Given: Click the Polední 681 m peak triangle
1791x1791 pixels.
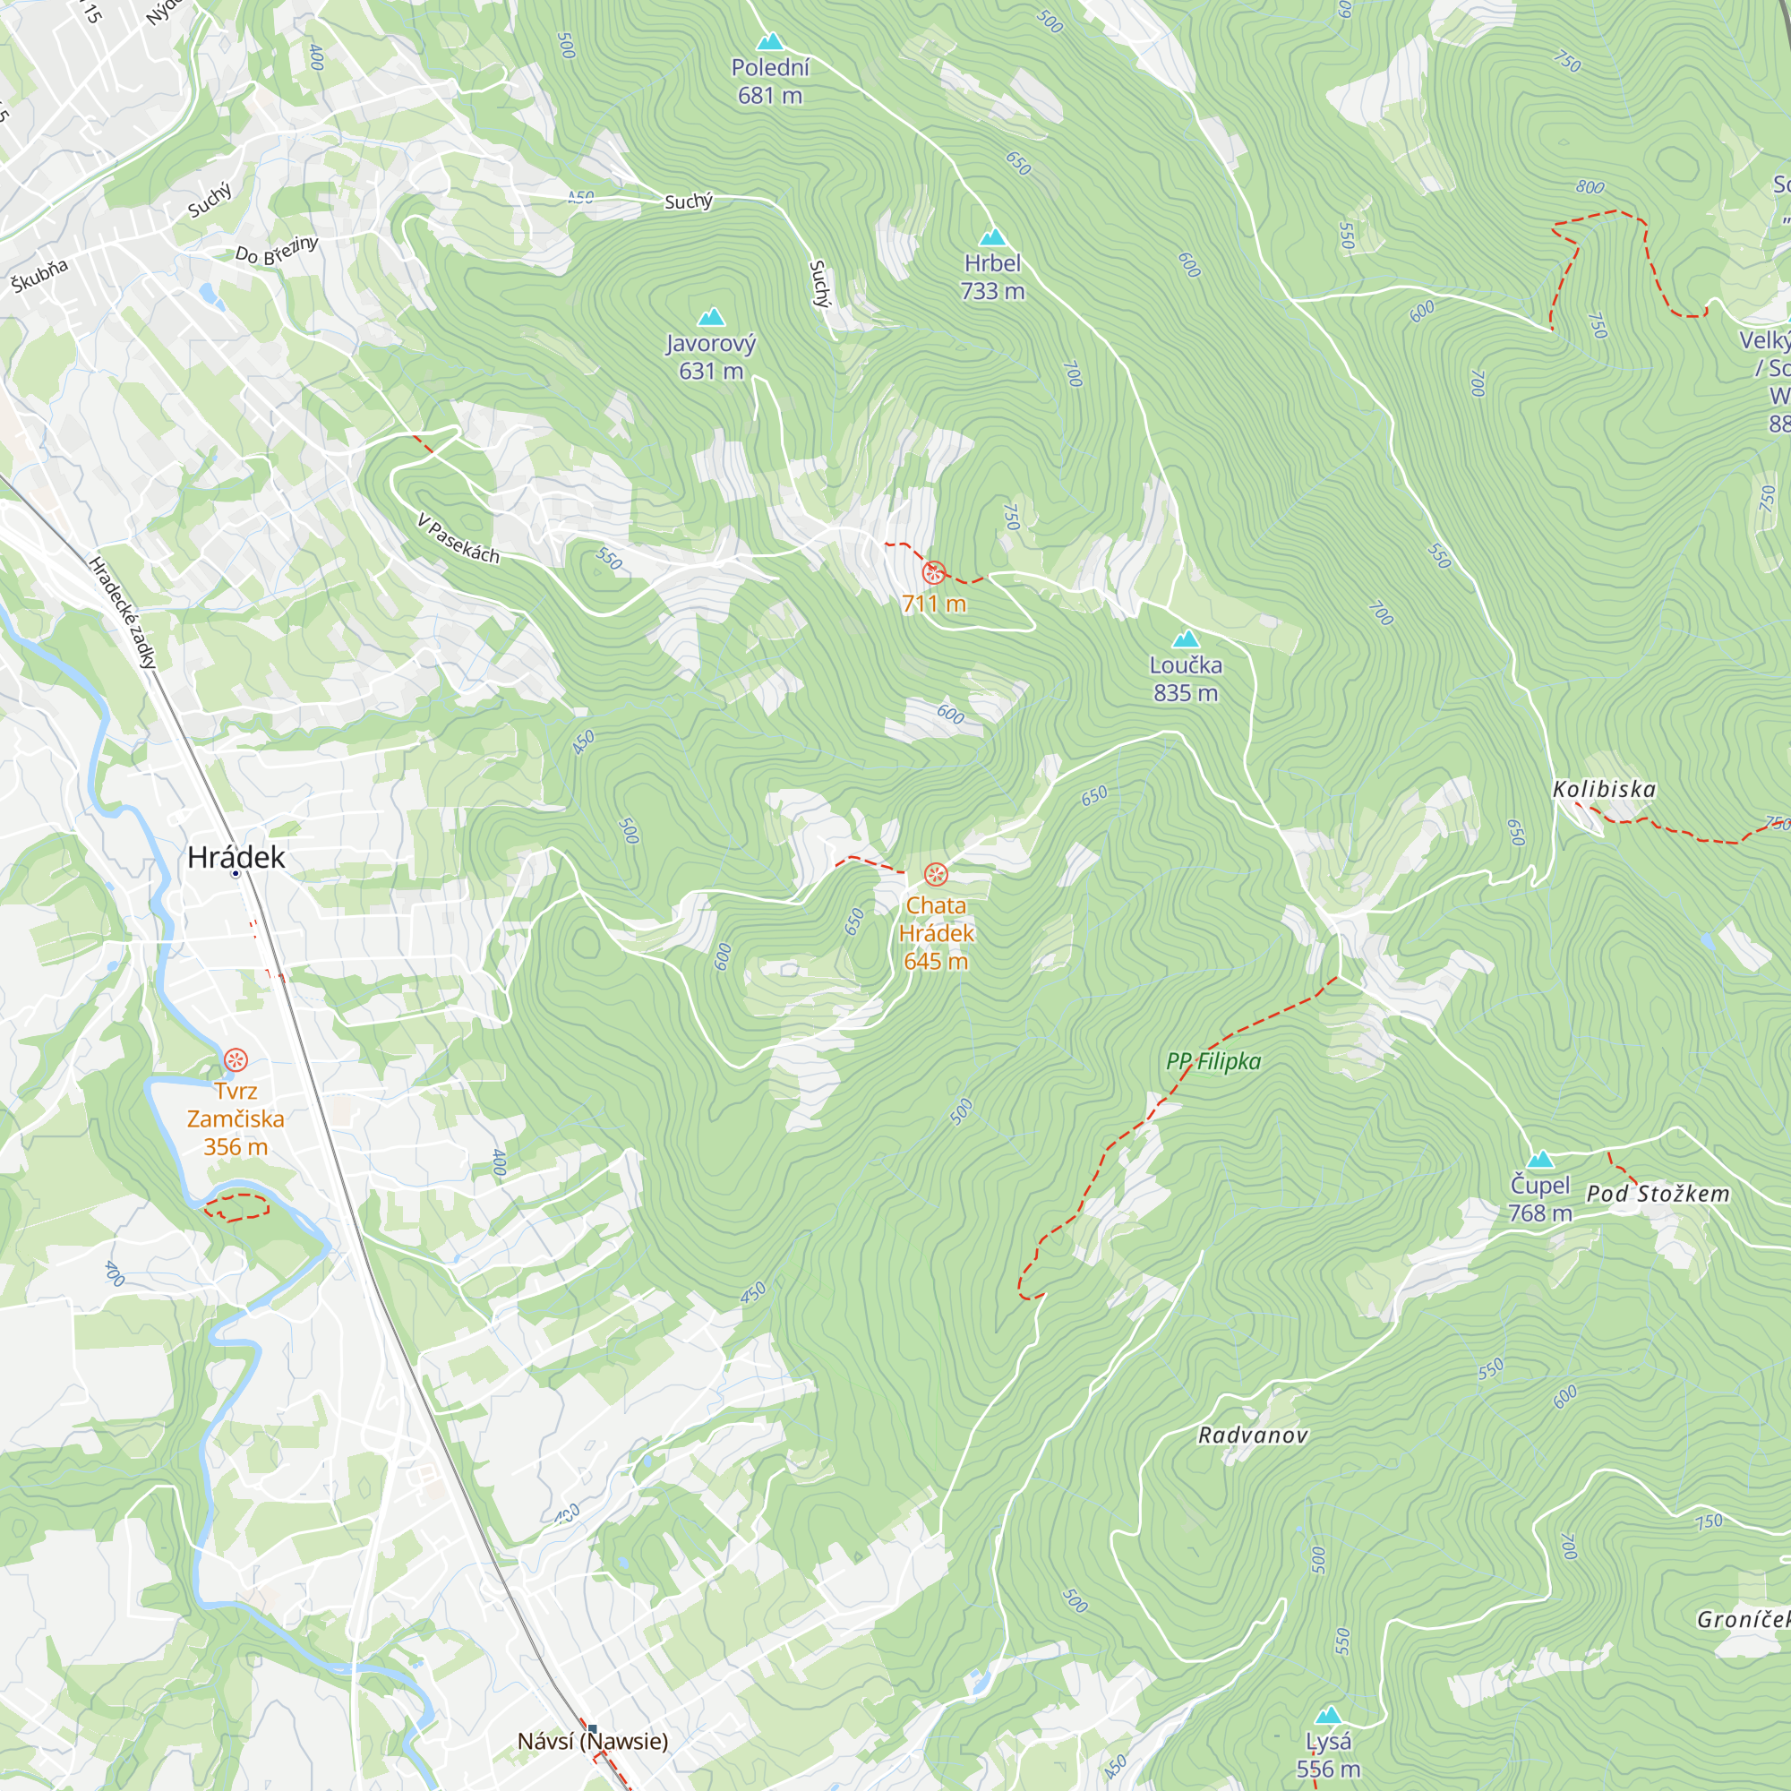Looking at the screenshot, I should point(769,42).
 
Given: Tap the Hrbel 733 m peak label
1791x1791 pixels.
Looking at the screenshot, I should point(992,276).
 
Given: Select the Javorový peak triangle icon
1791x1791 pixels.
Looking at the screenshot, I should point(711,317).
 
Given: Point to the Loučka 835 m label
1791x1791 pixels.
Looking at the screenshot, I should point(1186,679).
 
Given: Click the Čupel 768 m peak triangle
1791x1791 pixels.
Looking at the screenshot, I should point(1539,1159).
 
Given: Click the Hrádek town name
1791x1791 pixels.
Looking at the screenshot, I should point(236,857).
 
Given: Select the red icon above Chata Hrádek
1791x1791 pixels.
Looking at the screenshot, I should point(937,874).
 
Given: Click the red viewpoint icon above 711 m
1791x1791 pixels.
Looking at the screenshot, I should point(933,573).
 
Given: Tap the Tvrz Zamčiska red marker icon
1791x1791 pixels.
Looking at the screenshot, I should point(236,1058).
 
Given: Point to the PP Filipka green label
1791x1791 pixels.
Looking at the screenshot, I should point(1213,1061).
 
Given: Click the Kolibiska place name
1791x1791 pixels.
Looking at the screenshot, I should point(1604,789).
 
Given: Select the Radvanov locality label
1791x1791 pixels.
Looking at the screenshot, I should point(1253,1435).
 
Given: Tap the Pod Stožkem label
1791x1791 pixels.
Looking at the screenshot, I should point(1658,1193).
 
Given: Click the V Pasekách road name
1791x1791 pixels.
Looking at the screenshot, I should point(458,538).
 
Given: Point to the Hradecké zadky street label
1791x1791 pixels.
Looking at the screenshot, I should point(123,613).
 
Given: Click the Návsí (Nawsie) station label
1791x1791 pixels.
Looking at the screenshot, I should point(592,1741).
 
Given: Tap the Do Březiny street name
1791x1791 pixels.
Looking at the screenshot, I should point(276,251).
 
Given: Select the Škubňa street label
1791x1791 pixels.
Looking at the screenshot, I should point(40,275).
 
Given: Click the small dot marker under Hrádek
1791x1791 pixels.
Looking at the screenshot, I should point(236,873).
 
